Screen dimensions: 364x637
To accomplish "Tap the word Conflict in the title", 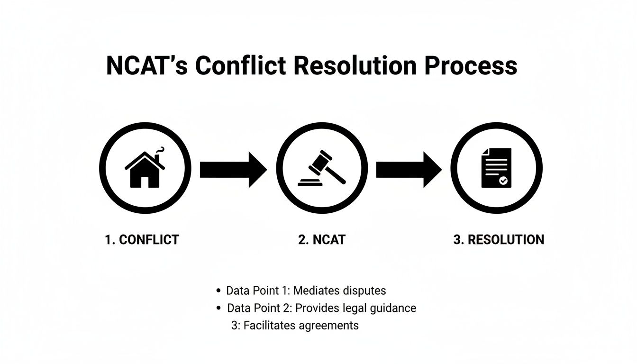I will (240, 65).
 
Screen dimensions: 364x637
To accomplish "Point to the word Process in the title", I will (470, 65).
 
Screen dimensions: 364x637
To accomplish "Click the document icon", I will (496, 167).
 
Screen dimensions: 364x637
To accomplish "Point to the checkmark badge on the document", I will (503, 181).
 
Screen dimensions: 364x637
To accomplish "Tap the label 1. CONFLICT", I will (142, 240).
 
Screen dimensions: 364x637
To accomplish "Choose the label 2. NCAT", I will (322, 240).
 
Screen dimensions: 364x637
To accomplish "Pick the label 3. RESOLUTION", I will (499, 240).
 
